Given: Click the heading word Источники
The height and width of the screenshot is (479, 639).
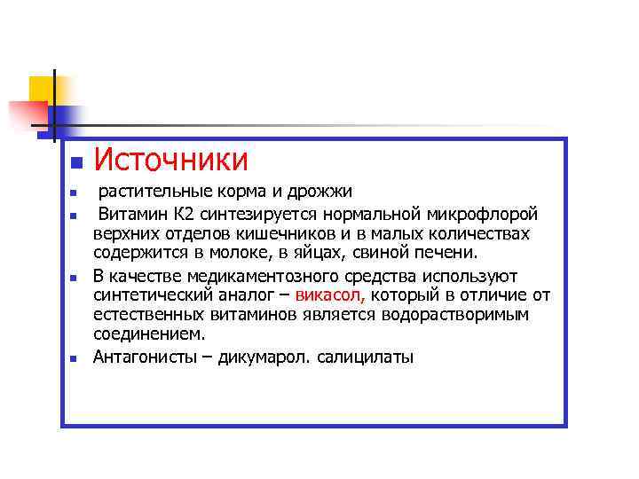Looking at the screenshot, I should (x=171, y=161).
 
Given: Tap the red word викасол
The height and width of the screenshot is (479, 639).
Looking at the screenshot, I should (x=332, y=295).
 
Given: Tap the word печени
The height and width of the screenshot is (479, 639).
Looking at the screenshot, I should (x=446, y=255).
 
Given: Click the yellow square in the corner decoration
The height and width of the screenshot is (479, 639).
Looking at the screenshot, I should (x=42, y=89).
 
